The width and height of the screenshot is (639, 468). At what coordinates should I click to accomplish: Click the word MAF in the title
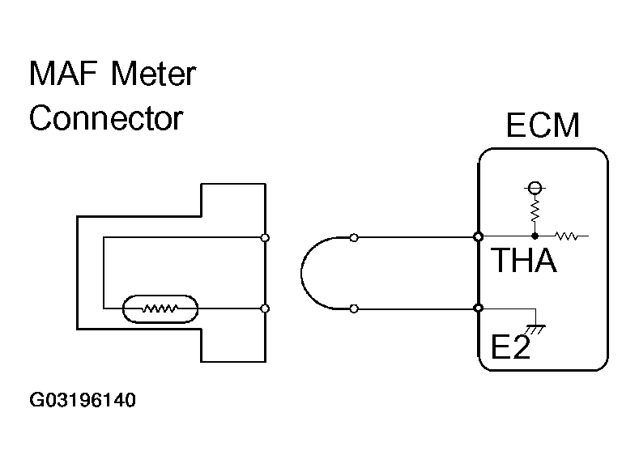(x=63, y=74)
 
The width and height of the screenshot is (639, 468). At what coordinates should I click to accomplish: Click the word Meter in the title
(x=154, y=74)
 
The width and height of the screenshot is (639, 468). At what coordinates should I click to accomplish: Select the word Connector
(x=106, y=118)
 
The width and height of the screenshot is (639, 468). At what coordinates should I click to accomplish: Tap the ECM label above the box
(x=543, y=125)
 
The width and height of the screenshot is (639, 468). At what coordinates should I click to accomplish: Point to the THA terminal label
(x=524, y=260)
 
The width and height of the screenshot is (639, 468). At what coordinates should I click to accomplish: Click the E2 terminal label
(x=510, y=347)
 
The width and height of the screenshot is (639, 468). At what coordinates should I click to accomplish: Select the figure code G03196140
(x=83, y=400)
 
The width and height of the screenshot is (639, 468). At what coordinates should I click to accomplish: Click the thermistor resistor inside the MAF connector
(x=160, y=308)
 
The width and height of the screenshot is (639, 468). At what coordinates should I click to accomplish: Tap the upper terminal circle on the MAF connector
(x=265, y=238)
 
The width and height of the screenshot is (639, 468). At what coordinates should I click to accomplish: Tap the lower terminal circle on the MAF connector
(x=265, y=308)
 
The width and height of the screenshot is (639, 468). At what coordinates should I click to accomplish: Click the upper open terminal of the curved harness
(x=354, y=238)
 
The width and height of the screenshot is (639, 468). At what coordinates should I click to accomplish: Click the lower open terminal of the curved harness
(x=354, y=309)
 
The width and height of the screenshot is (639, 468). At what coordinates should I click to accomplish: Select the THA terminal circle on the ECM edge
(x=479, y=236)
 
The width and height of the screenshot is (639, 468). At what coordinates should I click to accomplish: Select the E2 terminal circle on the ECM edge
(x=479, y=308)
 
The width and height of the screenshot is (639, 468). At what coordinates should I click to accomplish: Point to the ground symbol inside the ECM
(x=535, y=329)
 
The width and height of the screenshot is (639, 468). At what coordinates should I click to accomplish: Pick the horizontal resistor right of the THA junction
(x=567, y=236)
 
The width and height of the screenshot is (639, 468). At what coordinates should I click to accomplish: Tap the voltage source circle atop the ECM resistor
(x=535, y=188)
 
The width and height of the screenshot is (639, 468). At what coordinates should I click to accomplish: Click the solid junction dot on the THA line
(x=535, y=236)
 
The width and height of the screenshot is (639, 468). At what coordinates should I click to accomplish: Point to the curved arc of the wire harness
(x=301, y=273)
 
